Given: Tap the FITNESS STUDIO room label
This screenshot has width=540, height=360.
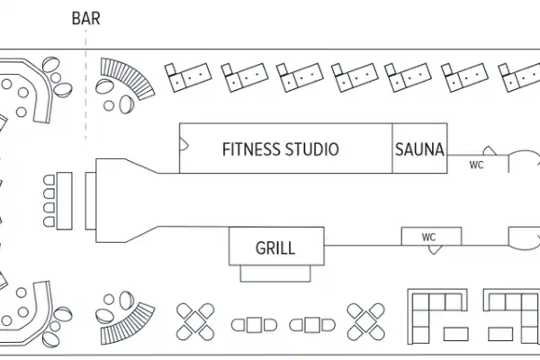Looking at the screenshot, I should click(x=280, y=149).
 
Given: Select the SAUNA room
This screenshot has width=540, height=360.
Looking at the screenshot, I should click(x=419, y=149).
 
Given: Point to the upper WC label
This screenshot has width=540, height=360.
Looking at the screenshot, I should click(x=476, y=165).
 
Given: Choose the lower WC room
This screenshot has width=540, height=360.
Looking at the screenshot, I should click(x=430, y=237).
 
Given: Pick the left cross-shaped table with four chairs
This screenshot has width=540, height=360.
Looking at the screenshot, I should click(x=196, y=321).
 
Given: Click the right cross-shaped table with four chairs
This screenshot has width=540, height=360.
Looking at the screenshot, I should click(x=365, y=321).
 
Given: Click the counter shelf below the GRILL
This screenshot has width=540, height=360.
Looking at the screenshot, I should click(x=274, y=271).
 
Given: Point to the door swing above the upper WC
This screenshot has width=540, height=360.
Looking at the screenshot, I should click(x=488, y=152).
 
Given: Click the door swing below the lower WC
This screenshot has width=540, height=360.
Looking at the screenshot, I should click(x=436, y=250).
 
